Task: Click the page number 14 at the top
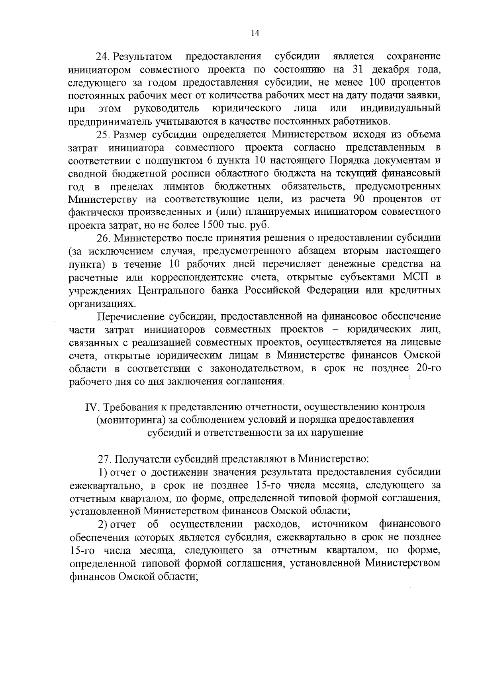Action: pos(255,33)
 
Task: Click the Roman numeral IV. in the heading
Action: pos(91,407)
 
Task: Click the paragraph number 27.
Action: pos(104,459)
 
